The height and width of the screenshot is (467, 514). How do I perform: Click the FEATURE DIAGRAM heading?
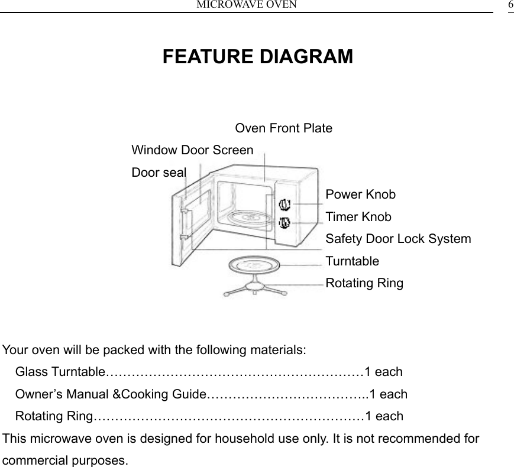click(257, 57)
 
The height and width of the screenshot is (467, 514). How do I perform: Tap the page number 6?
click(510, 5)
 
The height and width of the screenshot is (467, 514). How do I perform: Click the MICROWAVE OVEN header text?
click(247, 5)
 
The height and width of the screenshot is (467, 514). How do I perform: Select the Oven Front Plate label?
click(283, 128)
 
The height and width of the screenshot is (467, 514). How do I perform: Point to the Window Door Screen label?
click(192, 150)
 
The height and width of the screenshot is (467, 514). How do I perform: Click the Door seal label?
click(159, 172)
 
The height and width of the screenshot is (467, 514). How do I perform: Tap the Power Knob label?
click(361, 194)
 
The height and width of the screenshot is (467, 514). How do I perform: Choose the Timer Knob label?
click(358, 217)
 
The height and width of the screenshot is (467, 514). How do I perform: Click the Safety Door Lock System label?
click(398, 239)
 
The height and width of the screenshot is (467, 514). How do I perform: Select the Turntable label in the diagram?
click(353, 261)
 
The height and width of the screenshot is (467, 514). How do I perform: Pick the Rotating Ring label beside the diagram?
click(364, 283)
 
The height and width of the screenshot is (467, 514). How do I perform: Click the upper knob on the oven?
click(285, 205)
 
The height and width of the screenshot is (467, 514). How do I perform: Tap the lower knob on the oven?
click(285, 223)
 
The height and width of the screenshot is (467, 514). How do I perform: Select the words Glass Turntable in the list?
click(59, 372)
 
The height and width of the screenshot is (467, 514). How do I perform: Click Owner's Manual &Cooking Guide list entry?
click(110, 394)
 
